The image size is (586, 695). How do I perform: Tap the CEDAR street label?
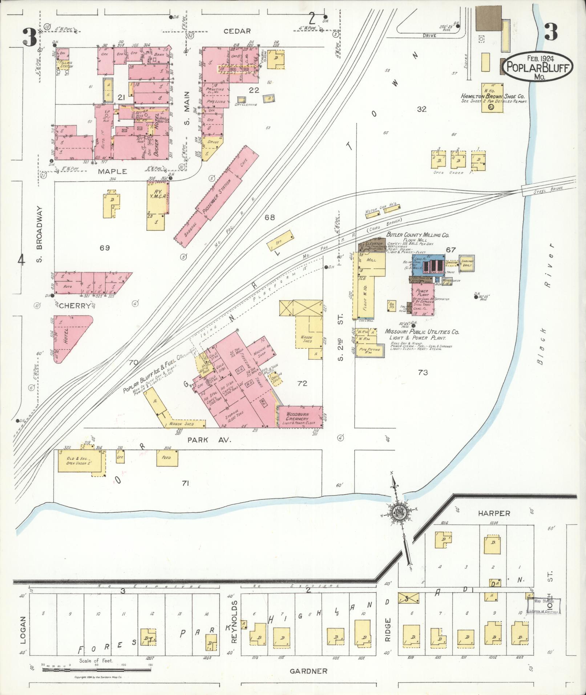[237, 31]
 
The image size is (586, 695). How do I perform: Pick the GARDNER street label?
[308, 671]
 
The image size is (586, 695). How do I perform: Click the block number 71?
[186, 483]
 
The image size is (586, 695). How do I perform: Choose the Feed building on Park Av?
[168, 458]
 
